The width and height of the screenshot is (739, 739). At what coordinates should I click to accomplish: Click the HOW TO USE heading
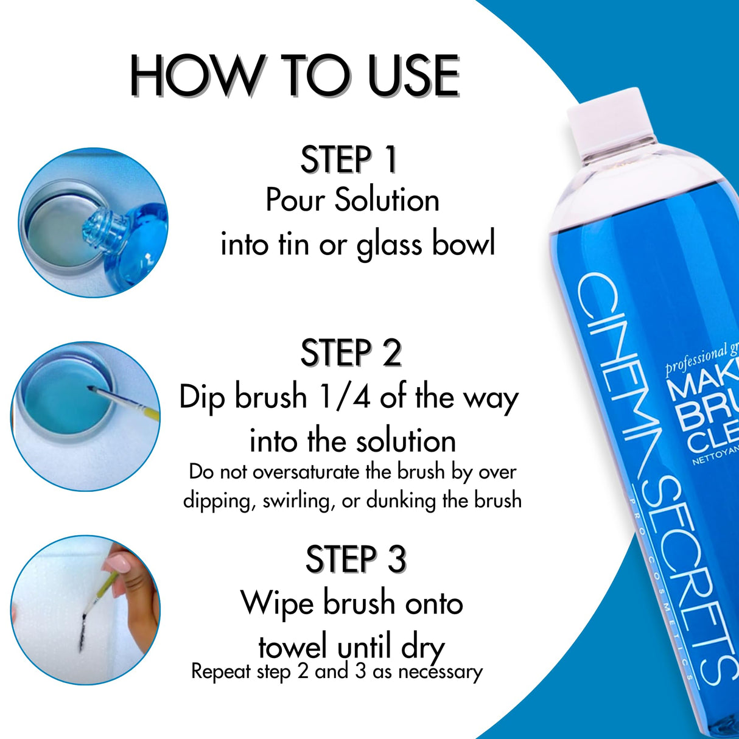click(295, 76)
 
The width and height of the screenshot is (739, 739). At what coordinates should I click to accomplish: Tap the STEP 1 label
click(348, 160)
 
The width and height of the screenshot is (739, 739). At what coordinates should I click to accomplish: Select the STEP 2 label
click(351, 353)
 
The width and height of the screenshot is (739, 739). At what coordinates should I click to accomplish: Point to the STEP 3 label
click(355, 559)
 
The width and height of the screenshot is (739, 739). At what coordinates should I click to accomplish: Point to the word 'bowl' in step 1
click(463, 244)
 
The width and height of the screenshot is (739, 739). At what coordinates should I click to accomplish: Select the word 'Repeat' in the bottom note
click(221, 671)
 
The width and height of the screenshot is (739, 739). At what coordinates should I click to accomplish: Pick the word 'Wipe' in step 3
click(278, 603)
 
